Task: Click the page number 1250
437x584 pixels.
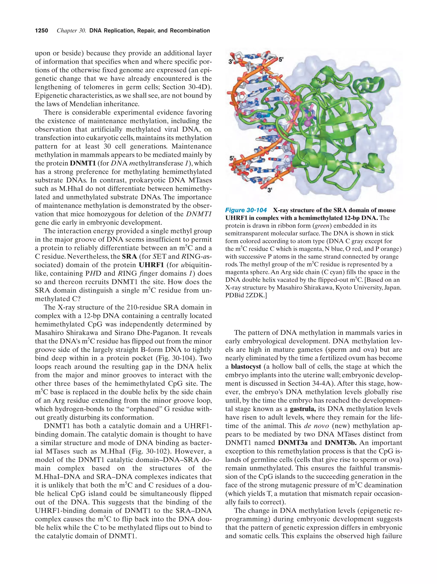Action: pyautogui.click(x=42, y=31)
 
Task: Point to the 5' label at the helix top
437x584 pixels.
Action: pyautogui.click(x=281, y=59)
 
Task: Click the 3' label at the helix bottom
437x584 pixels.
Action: pyautogui.click(x=270, y=190)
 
